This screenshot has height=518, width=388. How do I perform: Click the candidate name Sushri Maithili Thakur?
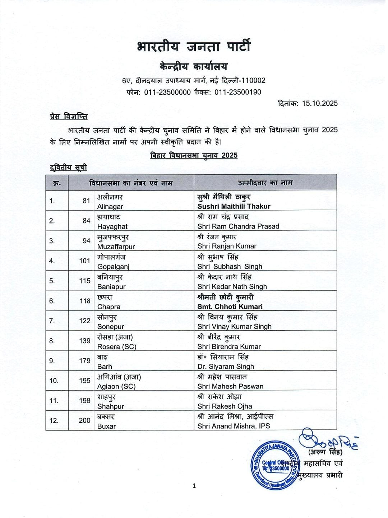tap(234, 207)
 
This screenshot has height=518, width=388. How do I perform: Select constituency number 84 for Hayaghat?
tap(86, 221)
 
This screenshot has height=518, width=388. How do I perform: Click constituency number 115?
tap(85, 281)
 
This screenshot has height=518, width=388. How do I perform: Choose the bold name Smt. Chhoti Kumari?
tap(230, 307)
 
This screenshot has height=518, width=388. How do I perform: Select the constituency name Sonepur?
tap(111, 327)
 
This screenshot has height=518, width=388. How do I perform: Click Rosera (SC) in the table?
tap(117, 347)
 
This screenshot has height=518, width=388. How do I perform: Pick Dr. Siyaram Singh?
tap(226, 367)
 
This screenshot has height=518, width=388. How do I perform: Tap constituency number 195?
tap(85, 380)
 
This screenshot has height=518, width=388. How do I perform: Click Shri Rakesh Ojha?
tap(225, 406)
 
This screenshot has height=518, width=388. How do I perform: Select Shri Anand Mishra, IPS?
tap(234, 426)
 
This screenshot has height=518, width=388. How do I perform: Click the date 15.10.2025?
tap(320, 103)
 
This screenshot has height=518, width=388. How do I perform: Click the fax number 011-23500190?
tap(238, 92)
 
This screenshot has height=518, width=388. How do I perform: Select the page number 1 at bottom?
tap(194, 486)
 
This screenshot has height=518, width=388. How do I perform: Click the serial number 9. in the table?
tap(52, 361)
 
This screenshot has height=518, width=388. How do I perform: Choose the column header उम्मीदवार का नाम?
tap(265, 183)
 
